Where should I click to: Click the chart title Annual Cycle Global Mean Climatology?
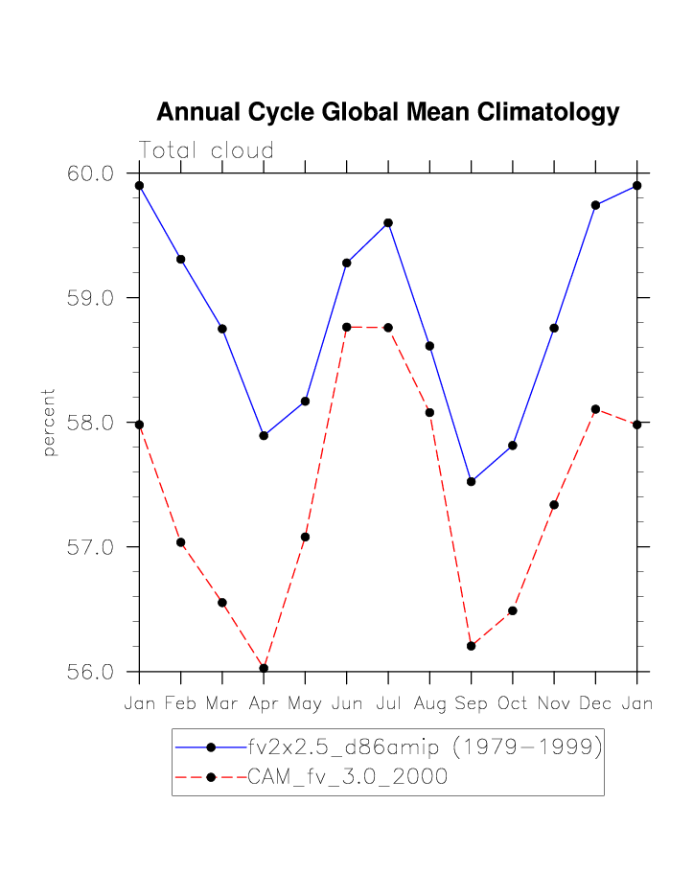tap(387, 112)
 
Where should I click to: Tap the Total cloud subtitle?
tap(206, 150)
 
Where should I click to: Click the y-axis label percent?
tap(49, 422)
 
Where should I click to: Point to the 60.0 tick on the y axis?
tap(90, 173)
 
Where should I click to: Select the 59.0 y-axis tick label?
tap(90, 298)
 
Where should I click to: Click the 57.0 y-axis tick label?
tap(90, 547)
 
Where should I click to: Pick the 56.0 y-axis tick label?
tap(90, 672)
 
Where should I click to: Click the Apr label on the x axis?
tap(264, 704)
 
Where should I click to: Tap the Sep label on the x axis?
tap(471, 704)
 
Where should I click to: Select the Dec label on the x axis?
tap(595, 704)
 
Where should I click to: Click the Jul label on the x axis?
tap(388, 704)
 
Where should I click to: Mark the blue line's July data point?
tap(388, 223)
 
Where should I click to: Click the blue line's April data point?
tap(264, 436)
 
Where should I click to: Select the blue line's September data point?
tap(471, 482)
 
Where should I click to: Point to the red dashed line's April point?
tap(264, 668)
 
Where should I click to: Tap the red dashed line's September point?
tap(471, 646)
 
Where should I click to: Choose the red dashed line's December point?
tap(595, 409)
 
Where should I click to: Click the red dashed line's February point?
tap(180, 542)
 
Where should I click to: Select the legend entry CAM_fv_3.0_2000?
tap(347, 777)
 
